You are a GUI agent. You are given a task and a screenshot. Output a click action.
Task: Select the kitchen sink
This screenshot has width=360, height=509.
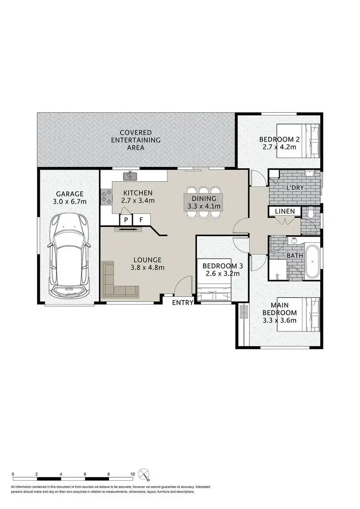[130, 177]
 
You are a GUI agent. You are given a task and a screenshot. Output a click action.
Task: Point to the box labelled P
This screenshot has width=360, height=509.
[126, 219]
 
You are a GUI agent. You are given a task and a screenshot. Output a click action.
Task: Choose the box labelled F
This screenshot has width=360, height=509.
[141, 219]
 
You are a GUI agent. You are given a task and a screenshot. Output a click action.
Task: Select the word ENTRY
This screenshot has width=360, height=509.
[182, 302]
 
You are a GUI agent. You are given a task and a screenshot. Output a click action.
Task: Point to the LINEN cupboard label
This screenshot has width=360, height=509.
[285, 212]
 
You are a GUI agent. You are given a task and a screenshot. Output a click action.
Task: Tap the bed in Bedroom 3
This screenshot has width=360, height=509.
[215, 292]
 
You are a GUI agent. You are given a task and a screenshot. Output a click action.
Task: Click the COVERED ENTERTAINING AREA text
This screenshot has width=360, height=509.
[135, 140]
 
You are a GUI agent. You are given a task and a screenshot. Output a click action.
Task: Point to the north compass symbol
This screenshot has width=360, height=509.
[144, 474]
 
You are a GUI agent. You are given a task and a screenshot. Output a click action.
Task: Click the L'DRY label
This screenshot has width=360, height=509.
[294, 188]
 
